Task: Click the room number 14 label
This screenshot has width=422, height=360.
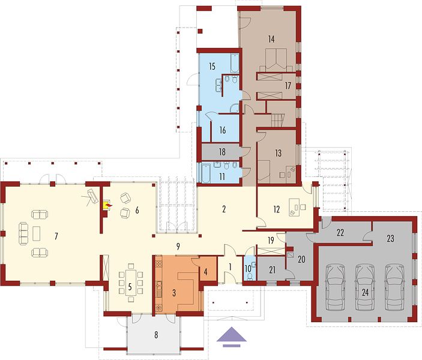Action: tap(271, 39)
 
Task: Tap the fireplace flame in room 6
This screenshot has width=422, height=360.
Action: tap(109, 206)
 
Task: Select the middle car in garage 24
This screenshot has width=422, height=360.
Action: tap(365, 287)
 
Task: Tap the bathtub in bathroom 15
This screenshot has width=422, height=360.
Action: tap(235, 64)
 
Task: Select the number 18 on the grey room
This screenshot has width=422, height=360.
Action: tap(222, 152)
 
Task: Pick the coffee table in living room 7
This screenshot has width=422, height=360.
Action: tap(37, 233)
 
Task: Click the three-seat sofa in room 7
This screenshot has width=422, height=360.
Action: tap(23, 233)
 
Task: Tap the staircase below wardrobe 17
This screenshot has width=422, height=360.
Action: tap(278, 120)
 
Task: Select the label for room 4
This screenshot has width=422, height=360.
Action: tap(206, 272)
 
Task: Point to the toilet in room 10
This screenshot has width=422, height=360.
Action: tap(250, 277)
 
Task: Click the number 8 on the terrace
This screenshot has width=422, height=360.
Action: tap(156, 335)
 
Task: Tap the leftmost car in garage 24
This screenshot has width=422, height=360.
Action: tap(336, 287)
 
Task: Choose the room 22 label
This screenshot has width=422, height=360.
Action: tap(340, 232)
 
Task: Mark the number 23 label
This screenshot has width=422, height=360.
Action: tap(390, 238)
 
